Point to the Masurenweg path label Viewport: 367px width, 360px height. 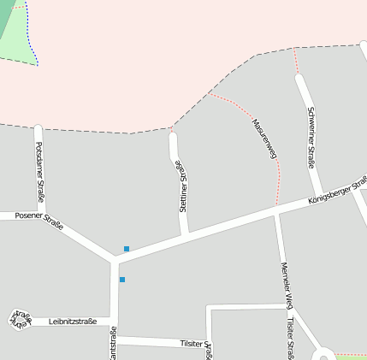pos(265,138)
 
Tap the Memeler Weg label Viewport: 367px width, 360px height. pos(287,285)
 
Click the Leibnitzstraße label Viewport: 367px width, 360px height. pos(74,322)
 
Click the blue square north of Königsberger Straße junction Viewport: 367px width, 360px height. pos(127,249)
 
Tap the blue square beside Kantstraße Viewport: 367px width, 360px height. pos(122,280)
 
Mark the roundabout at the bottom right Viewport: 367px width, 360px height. pos(323,354)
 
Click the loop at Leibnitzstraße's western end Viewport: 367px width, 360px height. pos(19,318)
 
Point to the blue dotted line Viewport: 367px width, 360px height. pos(33,34)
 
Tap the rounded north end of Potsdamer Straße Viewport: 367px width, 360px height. pos(38,129)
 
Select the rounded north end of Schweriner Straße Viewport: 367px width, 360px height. pos(299,79)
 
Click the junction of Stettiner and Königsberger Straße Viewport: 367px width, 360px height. pos(184,233)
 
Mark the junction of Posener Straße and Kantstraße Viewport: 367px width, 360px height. pos(114,257)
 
